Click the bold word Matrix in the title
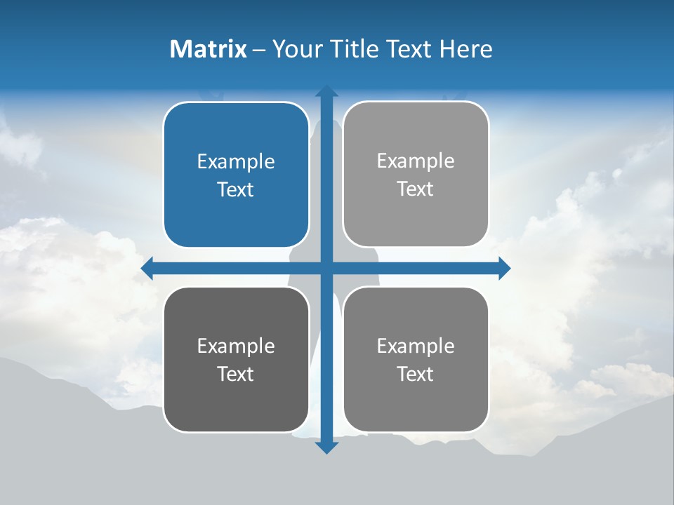click(x=209, y=49)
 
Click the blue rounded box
click(x=236, y=175)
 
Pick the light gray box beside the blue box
click(x=416, y=175)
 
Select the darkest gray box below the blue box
click(x=236, y=360)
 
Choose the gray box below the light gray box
click(x=416, y=360)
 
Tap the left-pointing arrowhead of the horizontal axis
click(x=147, y=269)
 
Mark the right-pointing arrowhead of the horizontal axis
click(x=504, y=269)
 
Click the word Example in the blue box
click(x=236, y=162)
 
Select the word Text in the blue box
click(x=236, y=189)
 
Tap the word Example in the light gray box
click(x=416, y=161)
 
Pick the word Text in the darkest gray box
click(x=236, y=374)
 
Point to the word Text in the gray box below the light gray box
click(x=416, y=374)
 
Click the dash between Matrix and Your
click(x=259, y=50)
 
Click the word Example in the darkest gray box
click(x=236, y=346)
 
